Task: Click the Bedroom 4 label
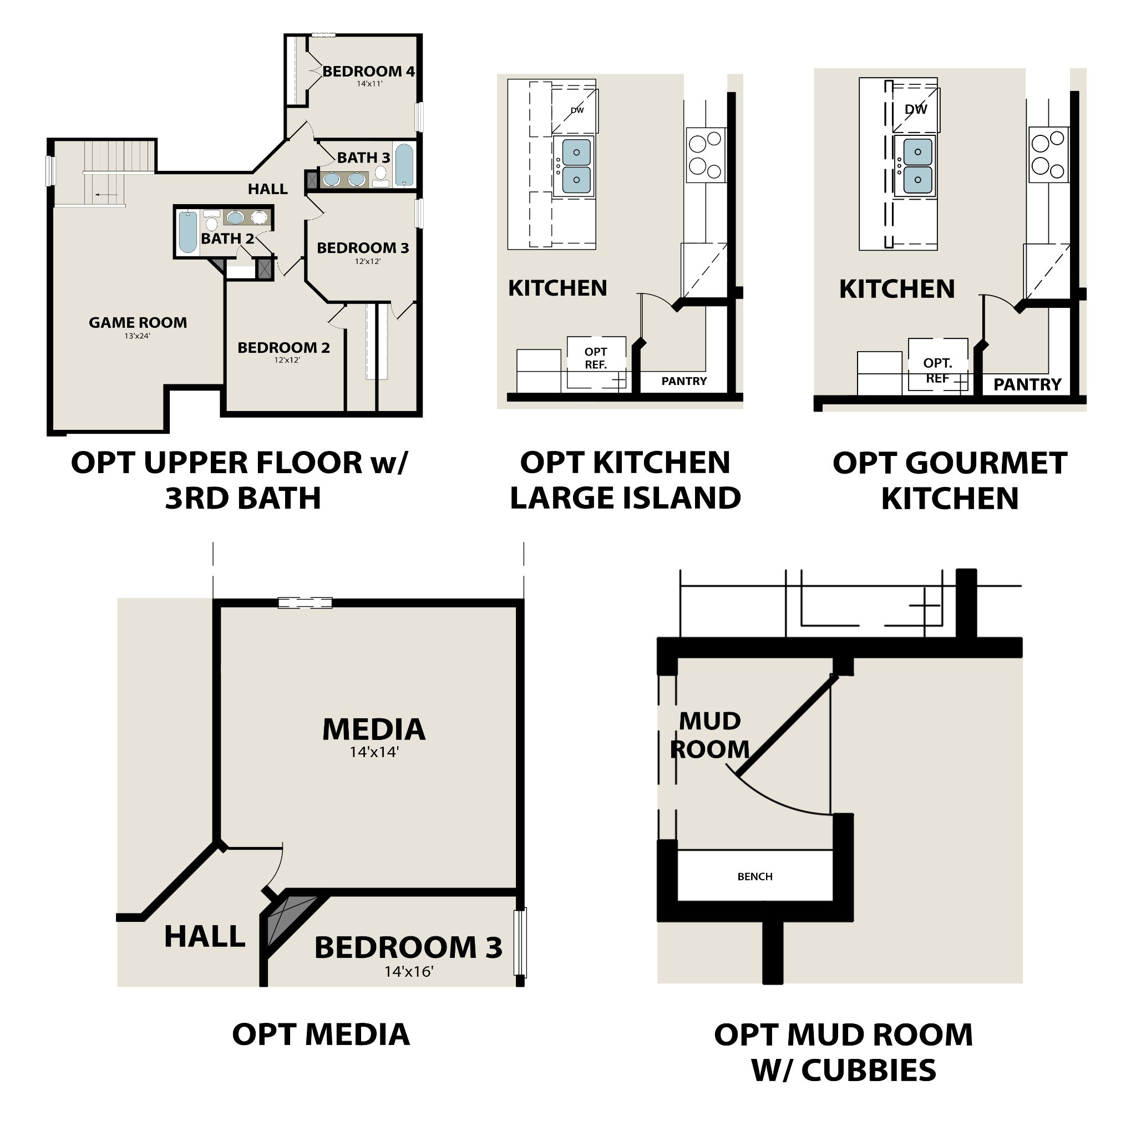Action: pyautogui.click(x=369, y=72)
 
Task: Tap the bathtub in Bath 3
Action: pyautogui.click(x=404, y=165)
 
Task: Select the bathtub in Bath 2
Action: pyautogui.click(x=187, y=232)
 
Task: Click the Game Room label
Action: pyautogui.click(x=138, y=323)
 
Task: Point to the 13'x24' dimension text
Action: pyautogui.click(x=137, y=336)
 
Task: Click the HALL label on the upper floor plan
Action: pyautogui.click(x=267, y=189)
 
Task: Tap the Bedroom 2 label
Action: pyautogui.click(x=283, y=347)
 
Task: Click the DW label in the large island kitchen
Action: pyautogui.click(x=577, y=110)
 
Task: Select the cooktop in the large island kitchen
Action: pyautogui.click(x=706, y=155)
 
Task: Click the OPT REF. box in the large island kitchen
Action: pyautogui.click(x=596, y=359)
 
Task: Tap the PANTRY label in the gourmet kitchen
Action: pyautogui.click(x=1027, y=384)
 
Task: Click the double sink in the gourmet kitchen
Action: pyautogui.click(x=917, y=165)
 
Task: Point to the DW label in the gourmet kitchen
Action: pyautogui.click(x=915, y=109)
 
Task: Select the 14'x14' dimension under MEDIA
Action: pyautogui.click(x=374, y=752)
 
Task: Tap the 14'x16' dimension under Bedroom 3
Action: pyautogui.click(x=409, y=972)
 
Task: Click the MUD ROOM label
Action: pyautogui.click(x=709, y=735)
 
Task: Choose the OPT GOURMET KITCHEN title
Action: pyautogui.click(x=950, y=480)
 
